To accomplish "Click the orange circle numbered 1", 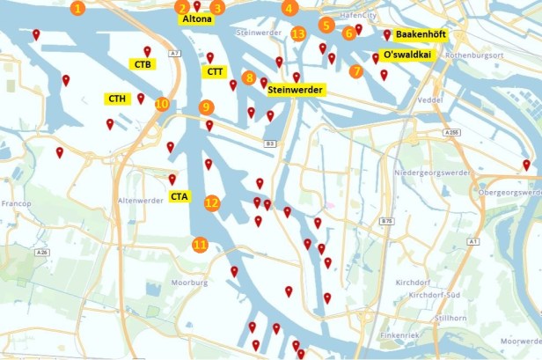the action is coord(78,9).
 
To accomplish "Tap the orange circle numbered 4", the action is coord(289,9).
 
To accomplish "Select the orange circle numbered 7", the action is coord(355,71).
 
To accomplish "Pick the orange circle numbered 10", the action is coord(161,104).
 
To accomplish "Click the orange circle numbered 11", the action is coord(201,244).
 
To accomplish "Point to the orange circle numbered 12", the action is coord(212,202).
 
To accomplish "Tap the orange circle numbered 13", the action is coord(298,33).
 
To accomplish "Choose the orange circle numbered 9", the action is coord(207,107).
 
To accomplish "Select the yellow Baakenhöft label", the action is coord(418,34).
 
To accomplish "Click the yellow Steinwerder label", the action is coord(296,90).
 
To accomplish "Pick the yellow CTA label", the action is coord(179,195).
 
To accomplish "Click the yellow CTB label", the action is coord(141,64).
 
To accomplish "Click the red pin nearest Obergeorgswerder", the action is coord(526,165).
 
